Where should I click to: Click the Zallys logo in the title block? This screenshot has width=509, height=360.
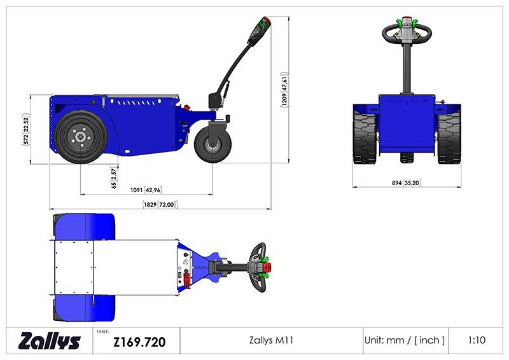click(50, 341)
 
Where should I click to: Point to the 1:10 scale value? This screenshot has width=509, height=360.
click(476, 340)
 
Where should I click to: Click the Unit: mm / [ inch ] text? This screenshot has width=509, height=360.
click(405, 340)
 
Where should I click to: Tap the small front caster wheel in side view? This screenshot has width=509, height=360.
click(210, 144)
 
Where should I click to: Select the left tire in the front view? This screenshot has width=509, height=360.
click(365, 134)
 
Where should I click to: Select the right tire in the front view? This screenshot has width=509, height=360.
click(449, 134)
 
